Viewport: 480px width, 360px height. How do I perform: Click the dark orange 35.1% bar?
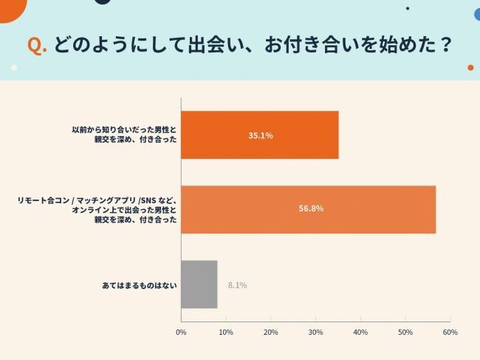pyautogui.click(x=259, y=135)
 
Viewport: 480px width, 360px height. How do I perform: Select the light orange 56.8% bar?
pyautogui.click(x=308, y=209)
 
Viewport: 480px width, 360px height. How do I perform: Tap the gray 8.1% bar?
pyautogui.click(x=199, y=284)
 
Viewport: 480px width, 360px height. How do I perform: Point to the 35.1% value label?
pyautogui.click(x=261, y=136)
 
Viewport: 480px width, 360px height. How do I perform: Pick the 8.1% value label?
pyautogui.click(x=238, y=285)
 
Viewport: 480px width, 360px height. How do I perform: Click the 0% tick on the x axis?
pyautogui.click(x=181, y=332)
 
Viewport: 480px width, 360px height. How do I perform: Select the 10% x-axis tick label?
pyautogui.click(x=226, y=332)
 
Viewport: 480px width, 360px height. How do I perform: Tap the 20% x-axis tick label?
pyautogui.click(x=271, y=332)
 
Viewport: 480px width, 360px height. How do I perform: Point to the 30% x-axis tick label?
pyautogui.click(x=315, y=332)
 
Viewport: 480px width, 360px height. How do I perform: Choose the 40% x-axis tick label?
pyautogui.click(x=360, y=332)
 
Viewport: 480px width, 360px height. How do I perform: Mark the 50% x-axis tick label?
pyautogui.click(x=405, y=332)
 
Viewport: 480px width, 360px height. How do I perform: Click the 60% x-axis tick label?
pyautogui.click(x=450, y=332)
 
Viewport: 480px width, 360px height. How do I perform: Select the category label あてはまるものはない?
pyautogui.click(x=139, y=285)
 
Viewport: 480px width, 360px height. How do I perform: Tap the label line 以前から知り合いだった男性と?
pyautogui.click(x=124, y=129)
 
